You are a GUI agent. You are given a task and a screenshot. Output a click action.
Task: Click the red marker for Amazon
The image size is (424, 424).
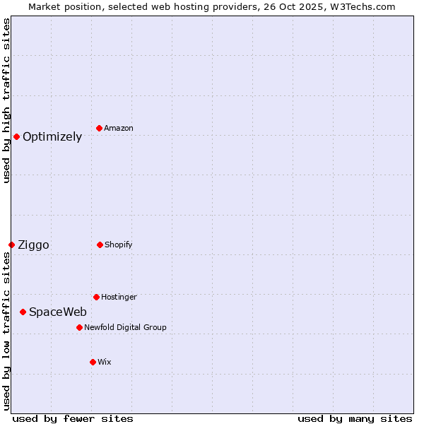100,128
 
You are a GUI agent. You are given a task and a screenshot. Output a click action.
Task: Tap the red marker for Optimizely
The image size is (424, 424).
16,136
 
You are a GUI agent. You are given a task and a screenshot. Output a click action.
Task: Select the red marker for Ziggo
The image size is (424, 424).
11,245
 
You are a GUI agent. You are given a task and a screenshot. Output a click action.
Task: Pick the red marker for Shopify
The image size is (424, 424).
100,245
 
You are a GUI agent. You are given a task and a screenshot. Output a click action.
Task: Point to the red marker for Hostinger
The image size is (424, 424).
96,297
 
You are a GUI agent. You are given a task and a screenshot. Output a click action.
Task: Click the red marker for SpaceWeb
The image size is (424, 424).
23,312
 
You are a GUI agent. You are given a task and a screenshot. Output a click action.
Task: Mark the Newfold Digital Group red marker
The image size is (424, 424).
79,327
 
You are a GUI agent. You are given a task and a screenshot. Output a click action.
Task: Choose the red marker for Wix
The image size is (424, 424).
93,362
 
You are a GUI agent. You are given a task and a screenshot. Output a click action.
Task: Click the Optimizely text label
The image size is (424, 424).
52,137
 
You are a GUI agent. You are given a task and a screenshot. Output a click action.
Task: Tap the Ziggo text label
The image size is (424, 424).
33,245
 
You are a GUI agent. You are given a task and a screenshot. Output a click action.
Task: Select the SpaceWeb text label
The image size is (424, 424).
58,312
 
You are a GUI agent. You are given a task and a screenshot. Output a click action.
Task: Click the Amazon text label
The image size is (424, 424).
119,129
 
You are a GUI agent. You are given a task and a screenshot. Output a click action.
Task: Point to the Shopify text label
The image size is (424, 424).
119,245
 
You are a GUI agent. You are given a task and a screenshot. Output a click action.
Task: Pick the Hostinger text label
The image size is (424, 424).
119,298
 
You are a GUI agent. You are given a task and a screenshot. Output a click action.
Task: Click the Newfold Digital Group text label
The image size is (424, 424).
125,328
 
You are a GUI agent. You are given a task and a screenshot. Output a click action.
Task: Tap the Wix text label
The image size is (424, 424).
105,363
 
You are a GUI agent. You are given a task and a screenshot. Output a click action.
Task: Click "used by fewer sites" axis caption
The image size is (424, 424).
73,418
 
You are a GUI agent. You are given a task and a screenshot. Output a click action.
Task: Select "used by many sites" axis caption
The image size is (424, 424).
355,418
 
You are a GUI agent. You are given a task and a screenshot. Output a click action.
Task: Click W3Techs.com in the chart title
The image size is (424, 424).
361,6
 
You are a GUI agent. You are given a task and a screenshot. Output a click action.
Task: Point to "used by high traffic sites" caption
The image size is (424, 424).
6,100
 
